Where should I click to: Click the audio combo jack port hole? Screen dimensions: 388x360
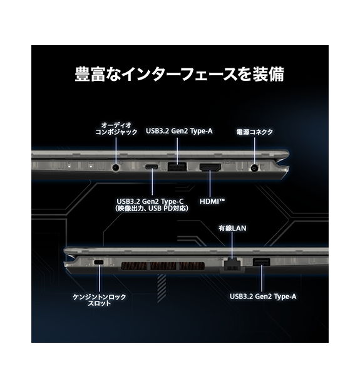pyautogui.click(x=115, y=167)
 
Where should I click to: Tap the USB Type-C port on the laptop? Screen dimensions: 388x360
pyautogui.click(x=152, y=167)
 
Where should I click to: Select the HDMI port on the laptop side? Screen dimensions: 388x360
pyautogui.click(x=209, y=167)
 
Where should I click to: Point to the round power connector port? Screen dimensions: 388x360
pyautogui.click(x=254, y=167)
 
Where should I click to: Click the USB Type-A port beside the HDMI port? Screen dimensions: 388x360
pyautogui.click(x=177, y=167)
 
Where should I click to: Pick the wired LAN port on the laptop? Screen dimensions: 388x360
pyautogui.click(x=230, y=262)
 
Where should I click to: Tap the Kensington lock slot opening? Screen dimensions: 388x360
pyautogui.click(x=99, y=261)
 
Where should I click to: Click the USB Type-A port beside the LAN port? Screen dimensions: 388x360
pyautogui.click(x=261, y=262)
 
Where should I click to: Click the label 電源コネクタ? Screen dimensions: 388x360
pyautogui.click(x=254, y=132)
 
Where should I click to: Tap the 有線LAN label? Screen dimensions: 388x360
pyautogui.click(x=230, y=228)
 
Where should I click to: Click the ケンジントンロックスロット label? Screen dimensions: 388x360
pyautogui.click(x=100, y=300)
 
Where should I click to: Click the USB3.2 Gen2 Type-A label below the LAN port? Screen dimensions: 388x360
pyautogui.click(x=262, y=296)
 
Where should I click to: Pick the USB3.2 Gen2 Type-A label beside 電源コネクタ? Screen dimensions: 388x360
pyautogui.click(x=179, y=131)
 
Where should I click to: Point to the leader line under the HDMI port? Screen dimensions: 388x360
pyautogui.click(x=209, y=185)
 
